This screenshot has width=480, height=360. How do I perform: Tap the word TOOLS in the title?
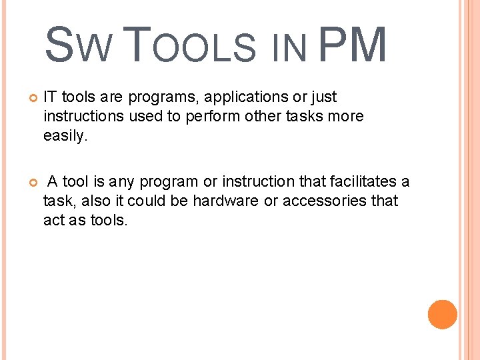(x=190, y=45)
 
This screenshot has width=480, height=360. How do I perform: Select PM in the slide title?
(x=353, y=45)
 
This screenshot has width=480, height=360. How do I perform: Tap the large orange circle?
(x=442, y=315)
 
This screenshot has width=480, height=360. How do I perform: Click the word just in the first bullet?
(x=323, y=97)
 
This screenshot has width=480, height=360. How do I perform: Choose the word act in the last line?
(x=54, y=220)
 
